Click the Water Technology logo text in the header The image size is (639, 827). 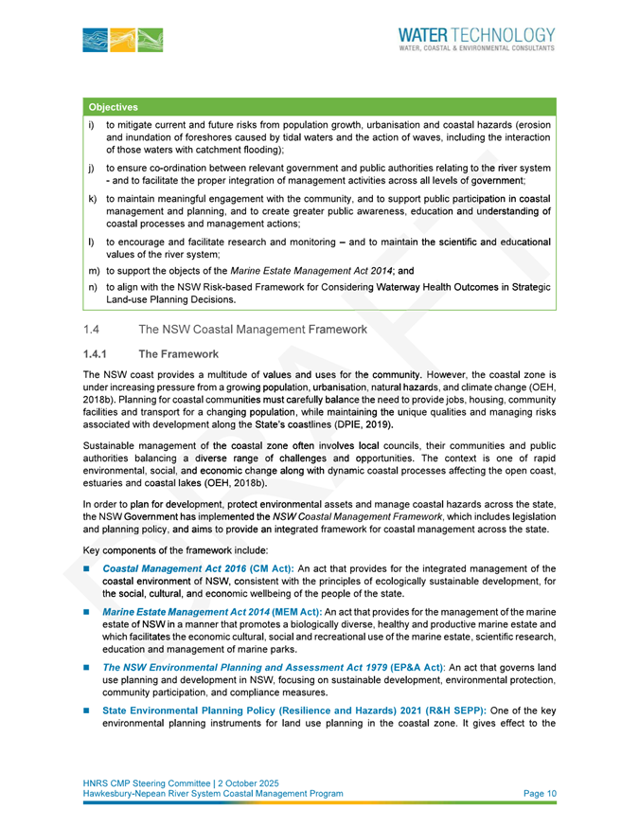[x=476, y=37]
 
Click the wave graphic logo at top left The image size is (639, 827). [x=123, y=40]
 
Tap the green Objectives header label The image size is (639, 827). [x=114, y=107]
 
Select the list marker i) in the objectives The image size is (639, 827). [x=90, y=124]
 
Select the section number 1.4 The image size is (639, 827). [x=91, y=330]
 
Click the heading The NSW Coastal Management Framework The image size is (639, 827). [x=253, y=330]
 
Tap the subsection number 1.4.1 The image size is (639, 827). [x=97, y=353]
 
